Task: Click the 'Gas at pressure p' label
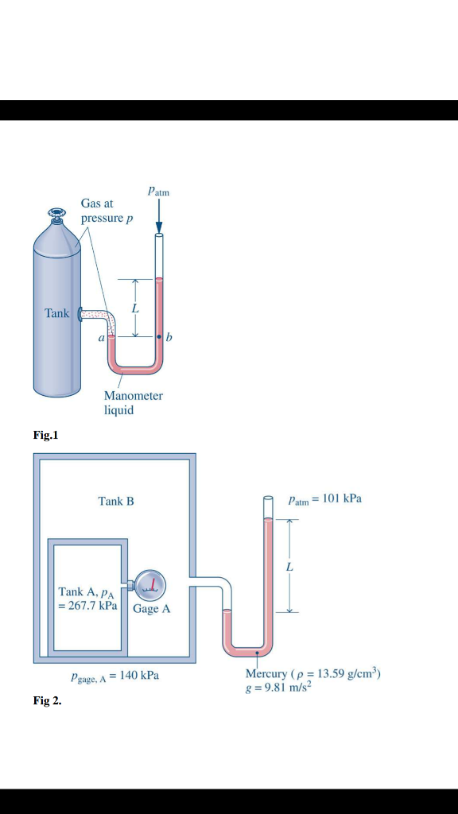pyautogui.click(x=102, y=211)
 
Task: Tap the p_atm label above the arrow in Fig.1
pyautogui.click(x=158, y=192)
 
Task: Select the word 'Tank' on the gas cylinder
pyautogui.click(x=57, y=313)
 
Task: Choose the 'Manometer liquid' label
pyautogui.click(x=133, y=402)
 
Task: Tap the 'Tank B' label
pyautogui.click(x=116, y=501)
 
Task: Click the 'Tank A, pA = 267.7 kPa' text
pyautogui.click(x=88, y=598)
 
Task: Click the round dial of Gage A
pyautogui.click(x=150, y=586)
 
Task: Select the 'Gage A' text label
pyautogui.click(x=151, y=609)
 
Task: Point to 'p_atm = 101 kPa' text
pyautogui.click(x=324, y=499)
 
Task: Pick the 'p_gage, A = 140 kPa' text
pyautogui.click(x=114, y=676)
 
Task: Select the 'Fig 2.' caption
pyautogui.click(x=47, y=702)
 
